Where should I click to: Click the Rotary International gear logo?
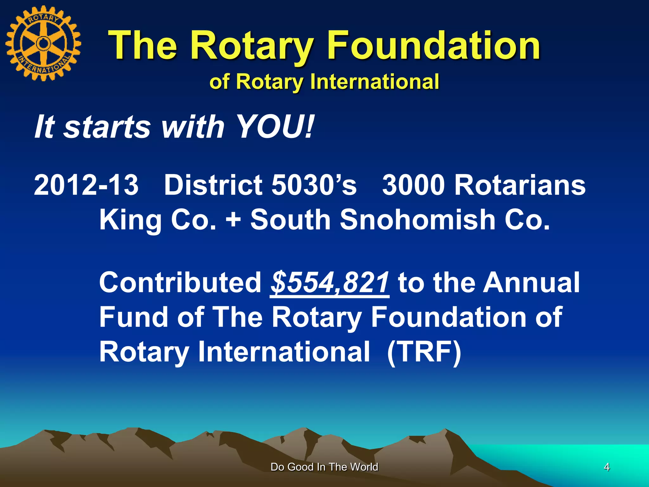(x=43, y=43)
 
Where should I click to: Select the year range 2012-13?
(x=86, y=185)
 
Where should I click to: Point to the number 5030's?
(x=314, y=185)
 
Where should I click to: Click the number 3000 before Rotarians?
(x=414, y=185)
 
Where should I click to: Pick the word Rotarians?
(x=520, y=185)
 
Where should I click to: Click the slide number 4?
(x=607, y=467)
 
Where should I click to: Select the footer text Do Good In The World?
(x=324, y=467)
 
